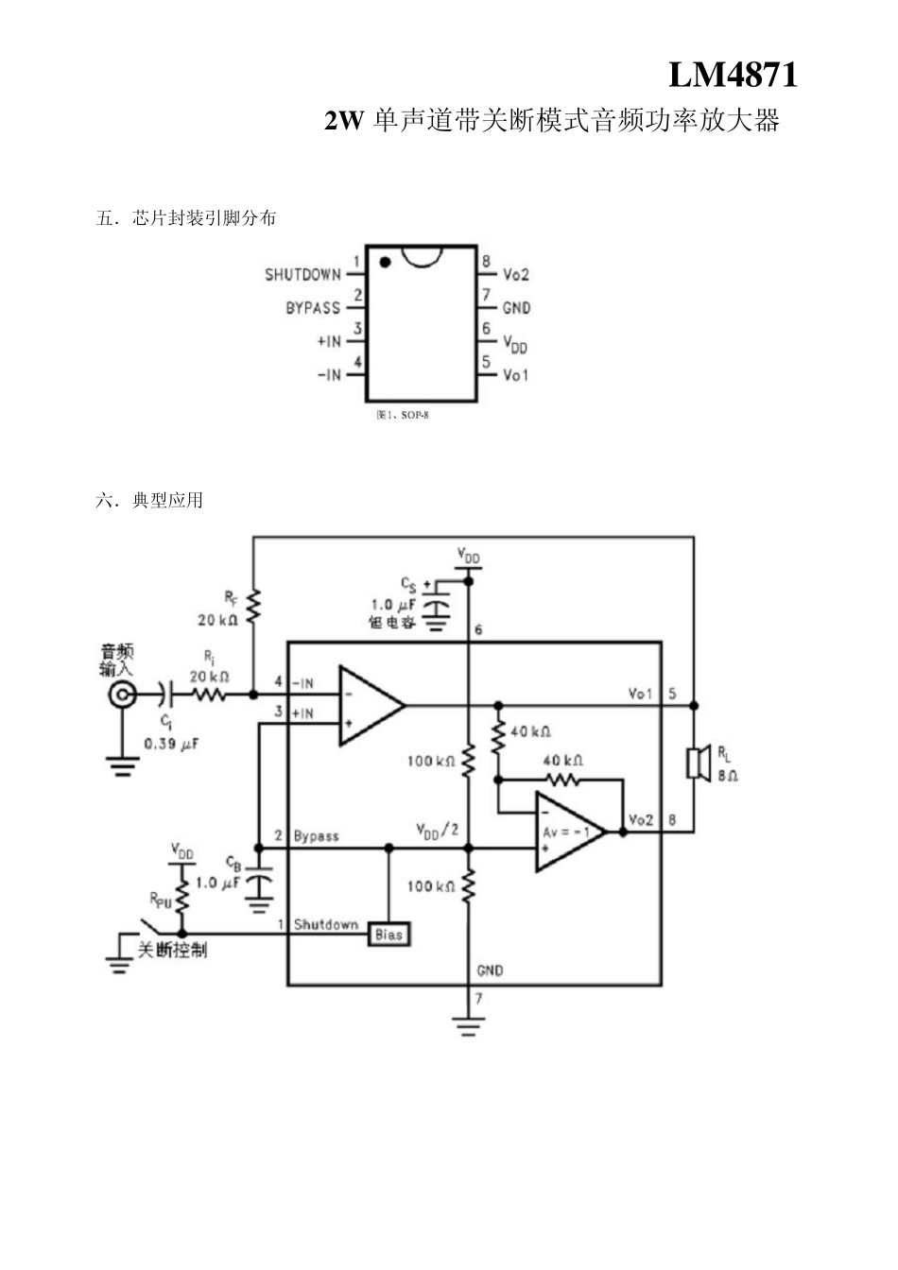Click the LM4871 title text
pos(733,76)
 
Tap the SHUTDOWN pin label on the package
pos(302,275)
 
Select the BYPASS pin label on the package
pos(313,308)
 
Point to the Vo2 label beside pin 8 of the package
pos(516,275)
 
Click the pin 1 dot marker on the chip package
pos(384,261)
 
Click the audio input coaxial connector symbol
pos(122,696)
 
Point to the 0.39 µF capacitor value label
pos(171,744)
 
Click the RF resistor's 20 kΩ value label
pos(217,621)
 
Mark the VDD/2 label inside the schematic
pos(438,830)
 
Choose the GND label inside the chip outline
pos(490,970)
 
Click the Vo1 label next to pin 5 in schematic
pos(641,695)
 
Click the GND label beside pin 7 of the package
pos(516,308)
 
